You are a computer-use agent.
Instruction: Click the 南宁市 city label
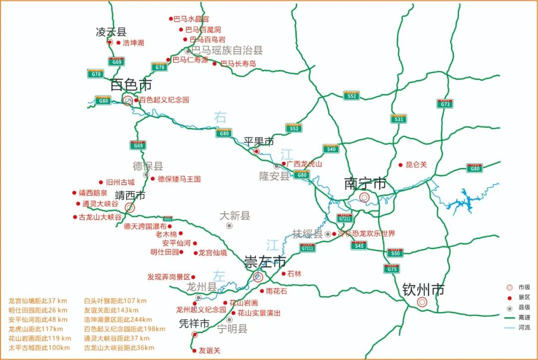pos(365,184)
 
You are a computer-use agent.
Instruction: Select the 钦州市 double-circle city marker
pos(422,302)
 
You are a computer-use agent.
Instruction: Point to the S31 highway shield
pos(398,119)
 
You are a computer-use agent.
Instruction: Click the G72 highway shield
pos(445,104)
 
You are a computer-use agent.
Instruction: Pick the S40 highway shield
pos(331,148)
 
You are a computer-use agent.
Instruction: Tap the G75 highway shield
pos(392,269)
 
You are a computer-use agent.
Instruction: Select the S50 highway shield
pos(395,253)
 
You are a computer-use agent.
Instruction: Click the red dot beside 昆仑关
pos(400,165)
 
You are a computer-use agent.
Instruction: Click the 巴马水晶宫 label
pos(191,19)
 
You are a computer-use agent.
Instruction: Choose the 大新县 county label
pos(235,216)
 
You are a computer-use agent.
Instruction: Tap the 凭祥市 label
pos(194,324)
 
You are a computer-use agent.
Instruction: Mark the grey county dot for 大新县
pos(229,226)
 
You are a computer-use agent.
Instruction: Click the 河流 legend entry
pos(524,328)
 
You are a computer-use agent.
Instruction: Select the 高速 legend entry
pos(524,318)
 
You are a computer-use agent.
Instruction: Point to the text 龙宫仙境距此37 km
pos(37,301)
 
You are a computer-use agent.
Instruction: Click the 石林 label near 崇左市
pos(294,273)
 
